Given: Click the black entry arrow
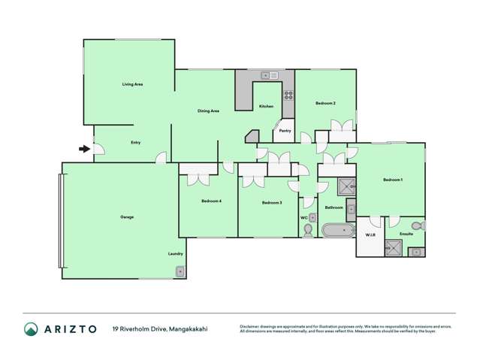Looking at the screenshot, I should coord(84,149).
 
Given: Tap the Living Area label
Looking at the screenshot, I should coord(132,85).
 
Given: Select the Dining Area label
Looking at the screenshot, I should coord(208,111).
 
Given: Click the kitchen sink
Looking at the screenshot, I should coord(269,75).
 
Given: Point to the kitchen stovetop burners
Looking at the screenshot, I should coord(288,95).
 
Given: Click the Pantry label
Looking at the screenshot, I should coord(285,131).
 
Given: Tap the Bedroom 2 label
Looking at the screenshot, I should coord(325,103).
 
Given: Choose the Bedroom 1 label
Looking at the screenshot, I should coord(392,180).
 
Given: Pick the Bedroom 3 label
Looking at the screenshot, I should coord(271,203).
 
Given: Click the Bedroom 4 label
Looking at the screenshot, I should coord(211,201).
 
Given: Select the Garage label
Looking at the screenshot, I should coord(127,217).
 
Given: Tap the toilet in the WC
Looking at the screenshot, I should coord(308,230).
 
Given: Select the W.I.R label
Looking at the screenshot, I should coord(370,234).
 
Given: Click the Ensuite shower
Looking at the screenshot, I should coord(394,247).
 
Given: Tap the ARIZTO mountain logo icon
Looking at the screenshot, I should coord(31,328).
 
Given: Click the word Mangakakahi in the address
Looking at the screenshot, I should coord(188,328).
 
